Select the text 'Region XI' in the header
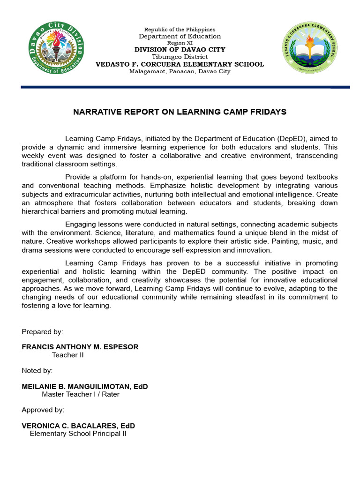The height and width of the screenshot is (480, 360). coord(180,43)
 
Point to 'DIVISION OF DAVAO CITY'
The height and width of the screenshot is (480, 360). coord(180,50)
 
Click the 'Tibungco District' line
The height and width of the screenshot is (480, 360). coord(180,57)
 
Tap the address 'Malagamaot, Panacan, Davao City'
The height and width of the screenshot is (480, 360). coord(180,71)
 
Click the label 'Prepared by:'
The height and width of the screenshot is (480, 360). coord(42,332)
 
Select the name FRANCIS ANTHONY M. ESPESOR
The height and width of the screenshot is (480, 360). coord(80,347)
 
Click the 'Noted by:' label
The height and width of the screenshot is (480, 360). coord(37,370)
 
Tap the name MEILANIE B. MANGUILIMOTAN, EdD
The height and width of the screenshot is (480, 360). coord(85,386)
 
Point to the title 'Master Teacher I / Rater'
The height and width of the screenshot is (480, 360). coord(81,394)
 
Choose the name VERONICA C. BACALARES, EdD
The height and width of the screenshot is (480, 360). coord(78,426)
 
